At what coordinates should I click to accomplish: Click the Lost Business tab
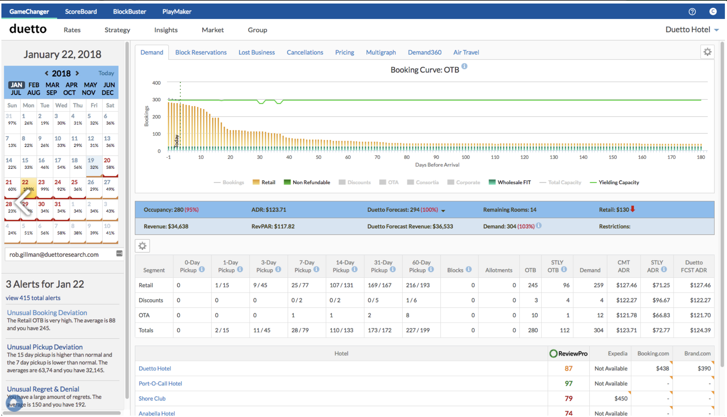point(256,52)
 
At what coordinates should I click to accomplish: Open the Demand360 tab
point(424,52)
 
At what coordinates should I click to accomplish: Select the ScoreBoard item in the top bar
point(81,12)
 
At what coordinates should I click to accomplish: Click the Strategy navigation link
point(117,30)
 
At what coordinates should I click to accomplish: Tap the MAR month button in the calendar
point(52,85)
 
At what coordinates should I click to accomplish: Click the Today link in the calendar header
point(106,73)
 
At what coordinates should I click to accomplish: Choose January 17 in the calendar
point(58,164)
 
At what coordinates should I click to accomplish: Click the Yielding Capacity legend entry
point(618,183)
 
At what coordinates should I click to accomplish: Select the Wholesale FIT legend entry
point(514,183)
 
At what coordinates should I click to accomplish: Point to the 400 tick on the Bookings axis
point(156,83)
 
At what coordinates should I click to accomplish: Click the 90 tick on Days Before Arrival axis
point(436,157)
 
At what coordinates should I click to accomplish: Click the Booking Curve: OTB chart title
point(425,70)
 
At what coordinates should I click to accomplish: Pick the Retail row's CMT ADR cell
point(626,285)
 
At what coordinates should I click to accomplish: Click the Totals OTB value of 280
point(532,330)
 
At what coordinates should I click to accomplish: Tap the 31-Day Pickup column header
point(383,266)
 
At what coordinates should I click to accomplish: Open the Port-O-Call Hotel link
point(160,384)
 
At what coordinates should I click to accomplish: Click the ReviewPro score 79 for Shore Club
point(568,399)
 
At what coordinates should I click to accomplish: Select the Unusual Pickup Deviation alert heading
point(45,347)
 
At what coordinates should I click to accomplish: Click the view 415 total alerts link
point(33,298)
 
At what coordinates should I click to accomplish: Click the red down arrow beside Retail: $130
point(633,209)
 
